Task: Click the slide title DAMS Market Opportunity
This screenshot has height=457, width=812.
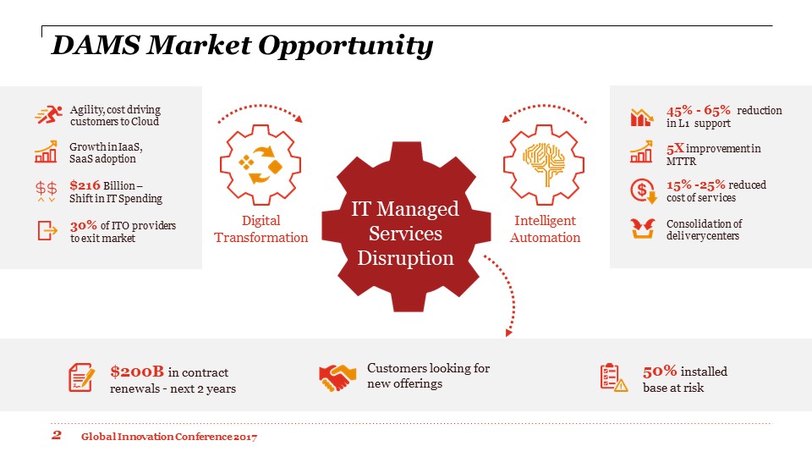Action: (243, 46)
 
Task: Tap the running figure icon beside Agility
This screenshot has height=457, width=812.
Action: (49, 114)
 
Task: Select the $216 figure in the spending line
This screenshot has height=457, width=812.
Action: (85, 185)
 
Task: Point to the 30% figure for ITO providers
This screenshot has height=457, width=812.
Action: (84, 225)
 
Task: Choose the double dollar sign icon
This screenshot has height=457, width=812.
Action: (46, 190)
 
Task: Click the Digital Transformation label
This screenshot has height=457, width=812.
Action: (261, 229)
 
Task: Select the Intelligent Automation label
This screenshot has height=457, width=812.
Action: (545, 229)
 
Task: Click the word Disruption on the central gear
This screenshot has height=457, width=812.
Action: (405, 258)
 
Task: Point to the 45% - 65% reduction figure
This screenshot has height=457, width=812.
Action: (698, 110)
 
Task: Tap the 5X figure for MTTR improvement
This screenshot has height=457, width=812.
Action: (675, 149)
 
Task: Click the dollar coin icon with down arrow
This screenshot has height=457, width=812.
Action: (643, 190)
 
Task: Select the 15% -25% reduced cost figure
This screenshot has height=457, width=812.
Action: (695, 185)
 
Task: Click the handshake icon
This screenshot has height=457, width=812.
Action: (337, 377)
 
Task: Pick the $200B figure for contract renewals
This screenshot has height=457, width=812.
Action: (137, 372)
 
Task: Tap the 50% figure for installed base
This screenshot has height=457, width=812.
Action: (660, 371)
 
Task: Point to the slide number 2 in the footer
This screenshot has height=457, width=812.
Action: (57, 435)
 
